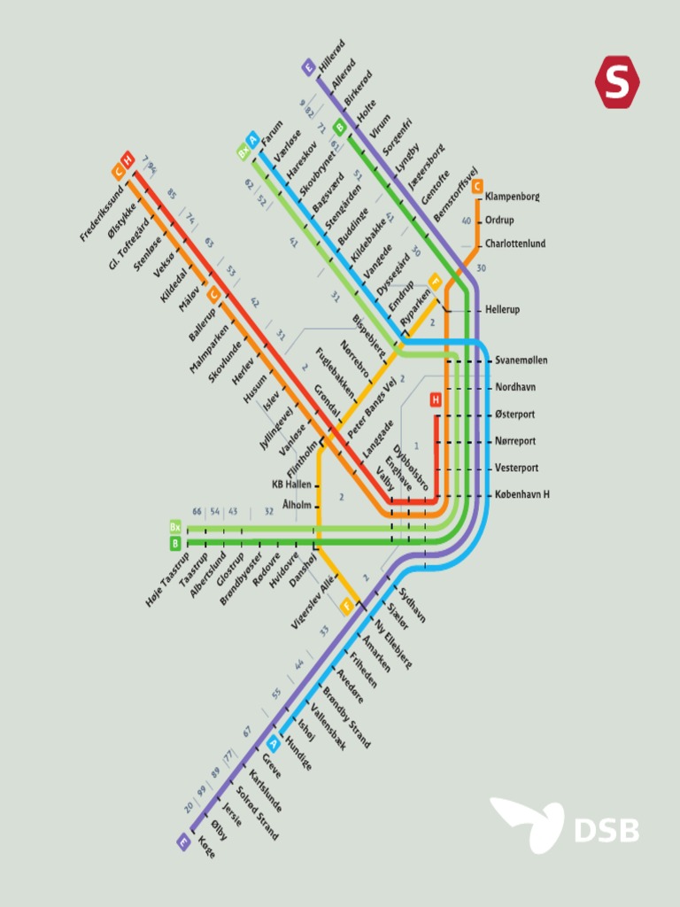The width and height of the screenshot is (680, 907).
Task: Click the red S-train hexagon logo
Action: pos(617,81)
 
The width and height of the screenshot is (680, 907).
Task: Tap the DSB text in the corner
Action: pos(607,830)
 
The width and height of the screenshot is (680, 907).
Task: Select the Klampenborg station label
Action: pos(513,196)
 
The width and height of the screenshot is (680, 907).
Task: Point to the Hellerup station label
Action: pos(503,311)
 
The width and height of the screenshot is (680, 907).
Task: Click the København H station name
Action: pos(522,494)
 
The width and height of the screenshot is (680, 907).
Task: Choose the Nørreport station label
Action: pos(515,441)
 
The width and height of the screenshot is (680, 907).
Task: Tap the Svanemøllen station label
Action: pos(521,360)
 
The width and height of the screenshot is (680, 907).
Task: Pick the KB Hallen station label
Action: pos(291,485)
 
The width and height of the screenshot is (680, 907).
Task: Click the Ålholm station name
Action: pos(297,505)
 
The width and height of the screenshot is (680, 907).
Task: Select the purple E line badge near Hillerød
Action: pos(308,67)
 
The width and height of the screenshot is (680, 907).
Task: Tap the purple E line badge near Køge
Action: pos(184,842)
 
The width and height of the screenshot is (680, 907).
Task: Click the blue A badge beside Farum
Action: pos(253,139)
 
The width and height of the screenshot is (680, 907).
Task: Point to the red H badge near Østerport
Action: pos(436,400)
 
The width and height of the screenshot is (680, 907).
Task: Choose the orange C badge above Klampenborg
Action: pos(477,186)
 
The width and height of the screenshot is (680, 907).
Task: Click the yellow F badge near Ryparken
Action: pos(435,282)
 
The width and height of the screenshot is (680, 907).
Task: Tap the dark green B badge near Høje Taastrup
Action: pos(175,543)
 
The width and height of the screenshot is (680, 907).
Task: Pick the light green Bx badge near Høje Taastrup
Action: pos(175,527)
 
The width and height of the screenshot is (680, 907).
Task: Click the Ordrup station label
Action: pos(499,221)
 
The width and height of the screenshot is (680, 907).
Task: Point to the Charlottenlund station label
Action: pos(514,244)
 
